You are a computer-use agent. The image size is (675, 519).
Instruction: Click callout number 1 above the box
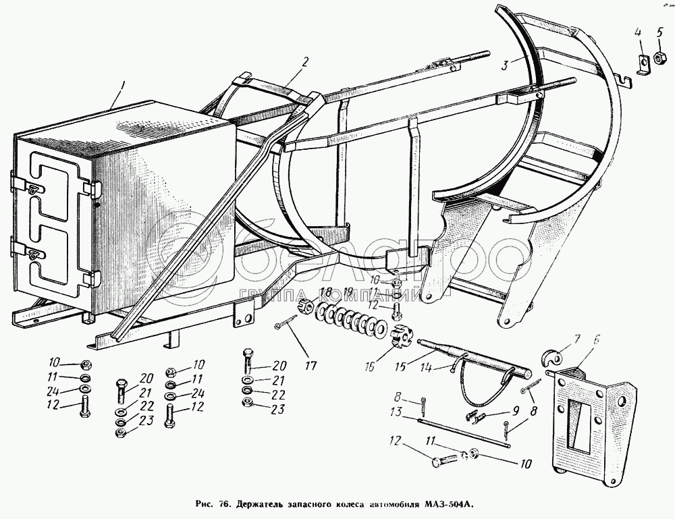click(122, 86)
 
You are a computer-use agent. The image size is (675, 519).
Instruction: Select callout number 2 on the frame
click(306, 62)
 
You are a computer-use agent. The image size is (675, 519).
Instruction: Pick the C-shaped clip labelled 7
click(557, 358)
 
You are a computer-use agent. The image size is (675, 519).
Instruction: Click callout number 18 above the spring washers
click(326, 292)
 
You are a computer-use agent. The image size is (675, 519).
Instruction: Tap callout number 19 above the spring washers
click(348, 292)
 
